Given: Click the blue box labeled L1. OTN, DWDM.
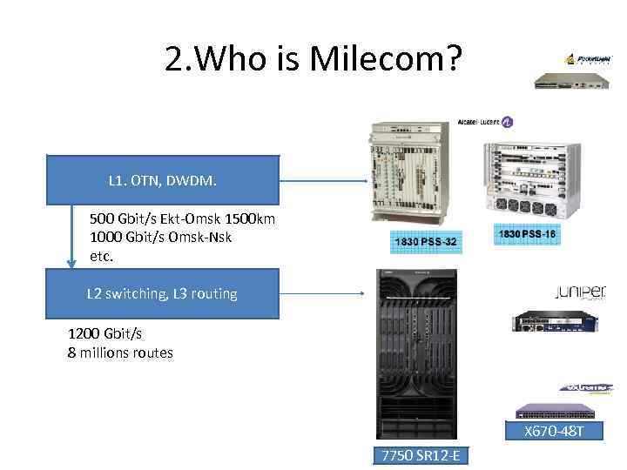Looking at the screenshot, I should coord(162,181).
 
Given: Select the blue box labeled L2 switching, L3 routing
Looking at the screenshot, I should coord(162,294).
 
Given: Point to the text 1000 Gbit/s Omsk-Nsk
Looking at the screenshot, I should coord(160,238).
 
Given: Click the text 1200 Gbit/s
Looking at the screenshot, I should coord(104,334).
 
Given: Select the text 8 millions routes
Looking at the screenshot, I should coord(120,353).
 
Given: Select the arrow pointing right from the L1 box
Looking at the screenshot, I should coord(321,181).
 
